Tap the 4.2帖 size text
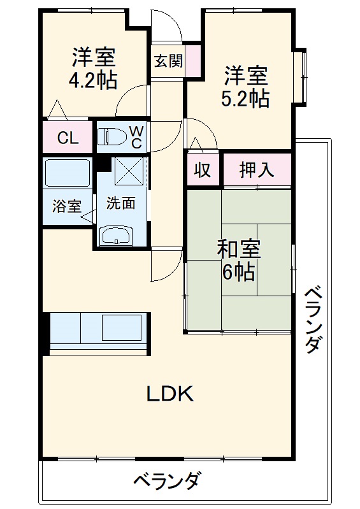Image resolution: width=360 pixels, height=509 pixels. click(93, 81)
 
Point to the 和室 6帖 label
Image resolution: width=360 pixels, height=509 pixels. click(238, 261)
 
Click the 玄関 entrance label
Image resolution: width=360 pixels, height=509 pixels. click(168, 61)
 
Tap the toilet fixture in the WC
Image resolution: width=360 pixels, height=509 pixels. click(112, 136)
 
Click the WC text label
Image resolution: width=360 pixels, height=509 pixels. click(136, 136)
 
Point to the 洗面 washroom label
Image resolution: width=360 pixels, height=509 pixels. click(120, 203)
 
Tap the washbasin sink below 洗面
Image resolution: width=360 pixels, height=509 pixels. click(117, 235)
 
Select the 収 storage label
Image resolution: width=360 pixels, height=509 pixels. click(202, 170)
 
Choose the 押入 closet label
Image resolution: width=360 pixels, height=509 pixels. click(256, 170)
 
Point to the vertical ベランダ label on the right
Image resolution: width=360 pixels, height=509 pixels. click(312, 319)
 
